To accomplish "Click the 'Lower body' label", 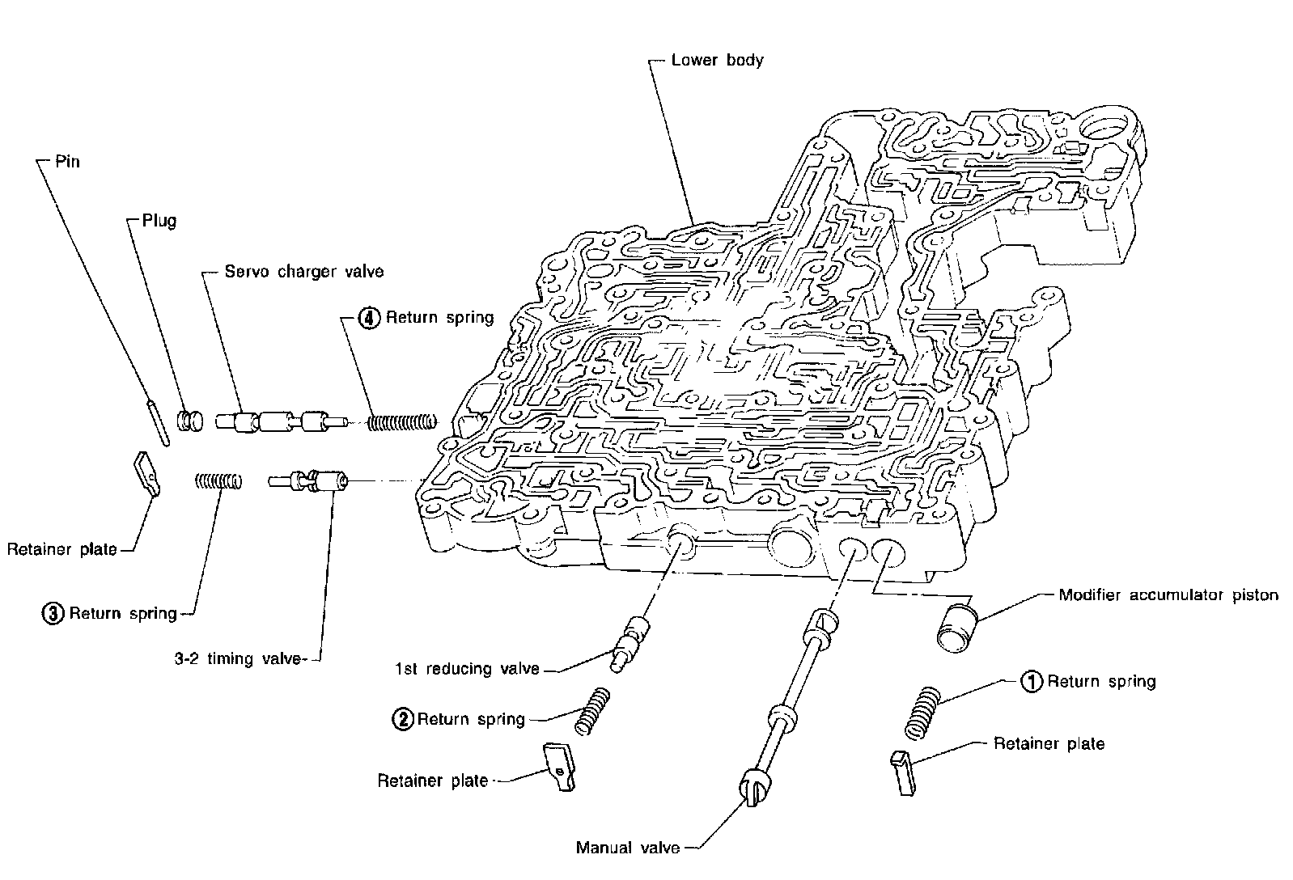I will pyautogui.click(x=717, y=60).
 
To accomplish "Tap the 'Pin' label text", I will pyautogui.click(x=68, y=162).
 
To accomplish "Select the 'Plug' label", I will pyautogui.click(x=159, y=221).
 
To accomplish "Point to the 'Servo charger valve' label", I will pyautogui.click(x=304, y=272).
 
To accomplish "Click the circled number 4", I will pyautogui.click(x=369, y=318).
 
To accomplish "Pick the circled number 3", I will pyautogui.click(x=53, y=614).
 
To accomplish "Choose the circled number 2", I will pyautogui.click(x=402, y=719).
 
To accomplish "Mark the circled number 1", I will pyautogui.click(x=1032, y=682).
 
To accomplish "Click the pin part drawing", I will pyautogui.click(x=158, y=421).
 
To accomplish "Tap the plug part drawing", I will pyautogui.click(x=189, y=421).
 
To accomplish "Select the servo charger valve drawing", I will pyautogui.click(x=279, y=421).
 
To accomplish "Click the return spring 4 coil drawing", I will pyautogui.click(x=402, y=422).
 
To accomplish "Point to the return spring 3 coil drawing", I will pyautogui.click(x=218, y=481).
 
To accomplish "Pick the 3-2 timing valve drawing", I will pyautogui.click(x=307, y=482).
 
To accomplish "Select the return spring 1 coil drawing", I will pyautogui.click(x=923, y=712).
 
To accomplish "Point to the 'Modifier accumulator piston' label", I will pyautogui.click(x=1168, y=596).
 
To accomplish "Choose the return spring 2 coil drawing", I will pyautogui.click(x=592, y=711).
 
